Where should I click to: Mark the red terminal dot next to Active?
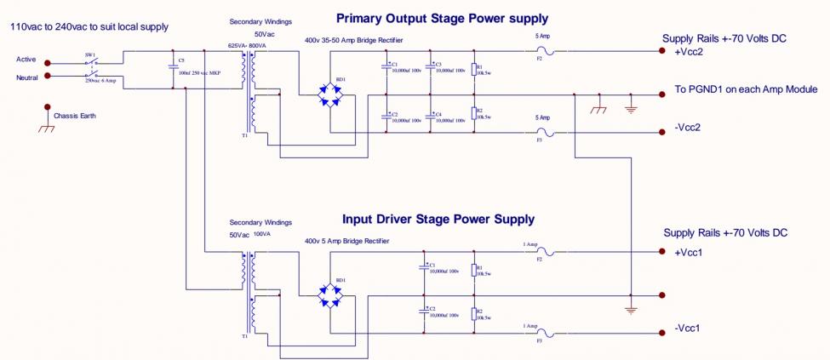click(48, 62)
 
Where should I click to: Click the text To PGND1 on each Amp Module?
click(746, 89)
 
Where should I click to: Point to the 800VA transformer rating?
click(257, 45)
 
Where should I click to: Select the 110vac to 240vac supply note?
click(89, 27)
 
